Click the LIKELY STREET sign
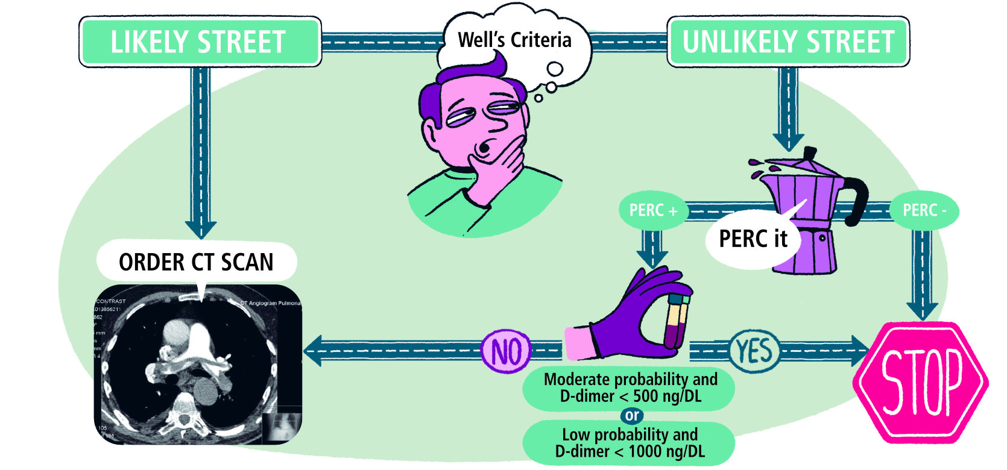click(200, 42)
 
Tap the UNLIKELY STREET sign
click(788, 42)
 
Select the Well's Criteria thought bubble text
click(514, 40)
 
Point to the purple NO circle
click(506, 351)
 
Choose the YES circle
click(754, 350)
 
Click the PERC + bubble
click(652, 210)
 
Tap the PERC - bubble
click(924, 210)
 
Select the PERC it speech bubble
click(753, 239)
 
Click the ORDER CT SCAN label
click(196, 262)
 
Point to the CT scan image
click(198, 365)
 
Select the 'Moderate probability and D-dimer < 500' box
click(630, 388)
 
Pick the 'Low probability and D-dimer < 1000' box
click(630, 443)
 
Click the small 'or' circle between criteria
click(632, 415)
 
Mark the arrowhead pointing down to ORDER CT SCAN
click(200, 229)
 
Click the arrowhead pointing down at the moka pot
click(788, 142)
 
